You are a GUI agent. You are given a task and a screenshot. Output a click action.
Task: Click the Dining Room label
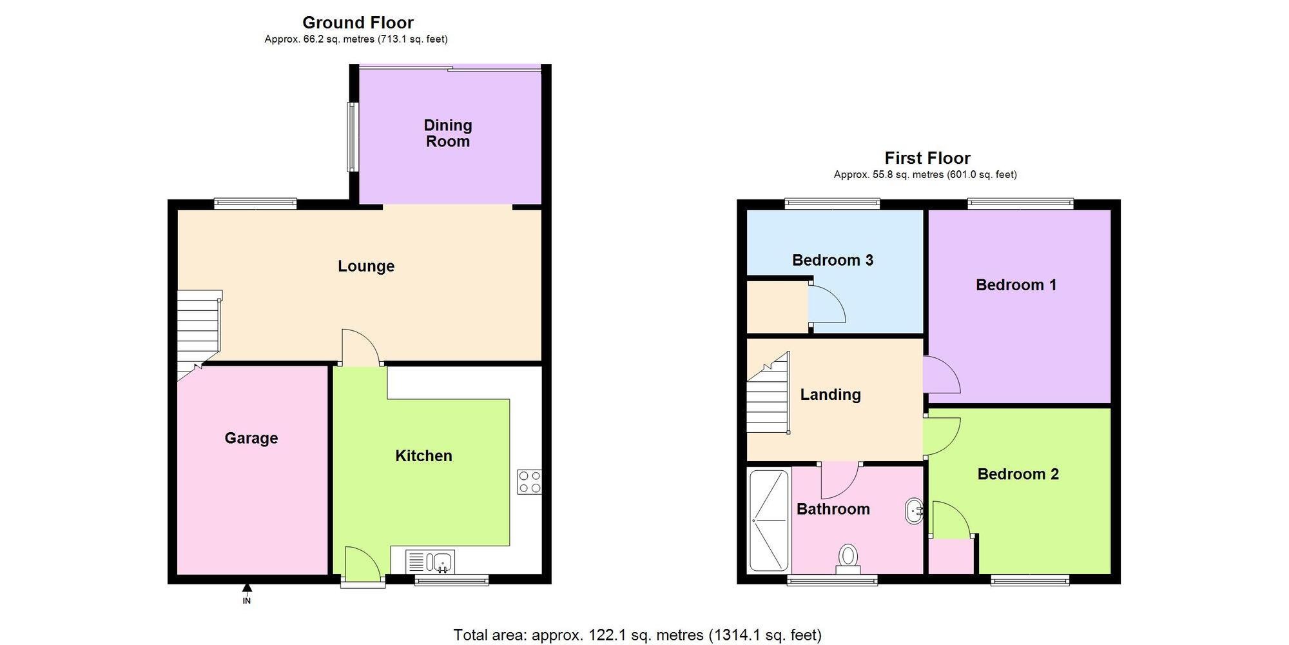point(448,134)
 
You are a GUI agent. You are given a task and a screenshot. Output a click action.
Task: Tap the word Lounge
point(366,266)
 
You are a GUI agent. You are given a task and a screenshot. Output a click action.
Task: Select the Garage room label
point(251,439)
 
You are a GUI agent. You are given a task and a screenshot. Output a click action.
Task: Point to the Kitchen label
point(423,456)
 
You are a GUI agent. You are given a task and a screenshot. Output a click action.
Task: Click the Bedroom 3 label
point(833,260)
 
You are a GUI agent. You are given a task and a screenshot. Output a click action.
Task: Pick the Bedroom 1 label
point(1016,285)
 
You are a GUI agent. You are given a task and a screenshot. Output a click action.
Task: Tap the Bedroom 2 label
point(1018,474)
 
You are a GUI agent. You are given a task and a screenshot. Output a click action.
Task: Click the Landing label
point(831,395)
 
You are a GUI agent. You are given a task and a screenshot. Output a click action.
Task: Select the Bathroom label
point(833,509)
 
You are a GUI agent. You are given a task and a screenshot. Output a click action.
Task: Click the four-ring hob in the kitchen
point(529,482)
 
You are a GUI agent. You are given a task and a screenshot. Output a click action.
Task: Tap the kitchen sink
point(431,562)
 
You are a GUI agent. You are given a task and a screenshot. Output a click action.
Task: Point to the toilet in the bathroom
point(848,559)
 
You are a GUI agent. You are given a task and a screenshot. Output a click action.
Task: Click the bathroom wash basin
point(915,511)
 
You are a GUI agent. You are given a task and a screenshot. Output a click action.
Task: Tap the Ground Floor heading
point(358,23)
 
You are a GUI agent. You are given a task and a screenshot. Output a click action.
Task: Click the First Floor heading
point(927,158)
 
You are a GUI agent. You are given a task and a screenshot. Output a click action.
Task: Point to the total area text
point(637,635)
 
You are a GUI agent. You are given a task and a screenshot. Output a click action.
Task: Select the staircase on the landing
point(768,393)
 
